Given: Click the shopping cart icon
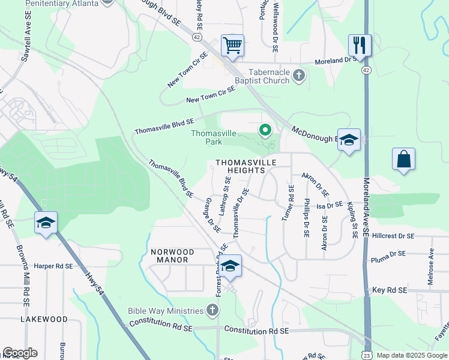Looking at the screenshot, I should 232,44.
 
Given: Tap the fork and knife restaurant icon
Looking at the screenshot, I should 360,44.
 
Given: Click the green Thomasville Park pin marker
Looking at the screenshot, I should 264,129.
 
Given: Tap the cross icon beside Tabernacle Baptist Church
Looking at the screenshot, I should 300,75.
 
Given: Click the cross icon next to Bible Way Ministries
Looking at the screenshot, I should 211,310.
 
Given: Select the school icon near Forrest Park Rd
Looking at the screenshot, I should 230,266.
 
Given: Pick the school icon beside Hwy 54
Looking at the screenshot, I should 46,222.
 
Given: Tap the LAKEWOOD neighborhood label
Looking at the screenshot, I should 44,319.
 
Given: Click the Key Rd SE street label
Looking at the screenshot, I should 390,290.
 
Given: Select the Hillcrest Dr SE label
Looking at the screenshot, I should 393,236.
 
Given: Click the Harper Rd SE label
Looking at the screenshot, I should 53,266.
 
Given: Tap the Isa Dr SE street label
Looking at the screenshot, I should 330,205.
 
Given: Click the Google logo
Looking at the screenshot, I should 20,353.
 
